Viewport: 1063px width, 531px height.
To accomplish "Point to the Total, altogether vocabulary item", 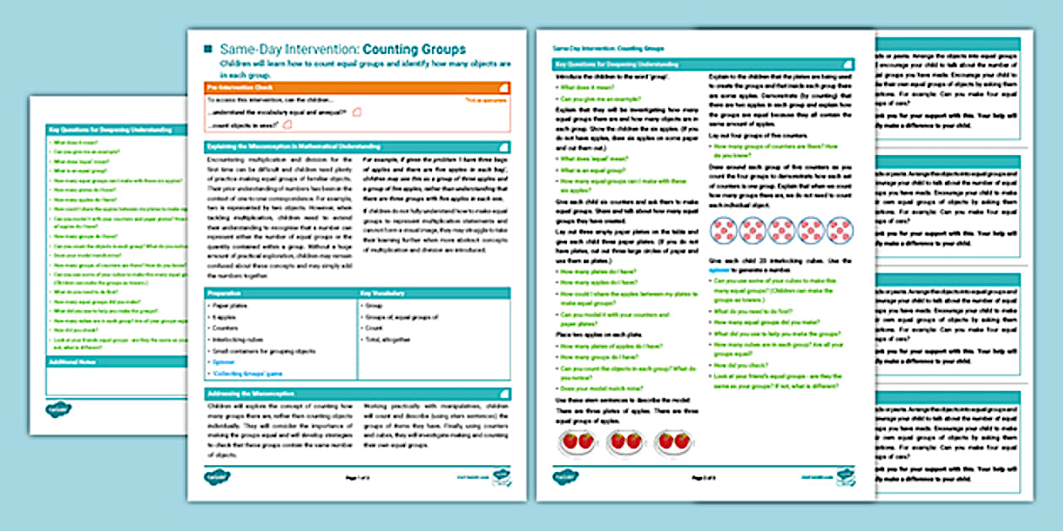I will pyautogui.click(x=390, y=339).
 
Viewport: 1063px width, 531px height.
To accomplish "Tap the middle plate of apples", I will pyautogui.click(x=626, y=441).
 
